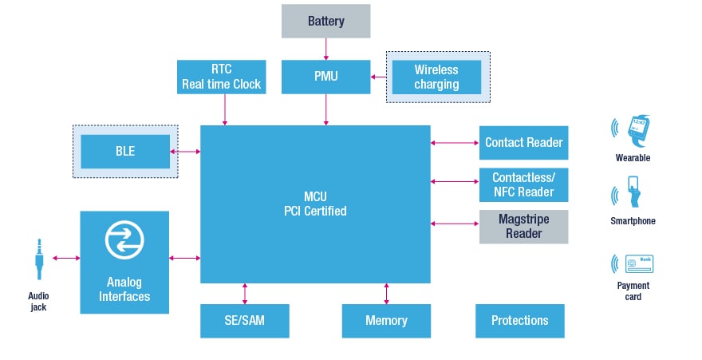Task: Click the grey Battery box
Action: pyautogui.click(x=326, y=21)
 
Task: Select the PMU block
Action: pyautogui.click(x=326, y=77)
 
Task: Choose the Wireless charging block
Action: pyautogui.click(x=436, y=77)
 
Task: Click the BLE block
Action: pyautogui.click(x=125, y=151)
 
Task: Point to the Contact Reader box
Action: pyautogui.click(x=523, y=143)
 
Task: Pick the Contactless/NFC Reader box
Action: pyautogui.click(x=523, y=184)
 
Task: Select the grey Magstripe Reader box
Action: pyautogui.click(x=523, y=227)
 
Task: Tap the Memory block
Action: pyautogui.click(x=386, y=321)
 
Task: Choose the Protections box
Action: pyautogui.click(x=519, y=321)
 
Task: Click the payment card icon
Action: pyautogui.click(x=639, y=264)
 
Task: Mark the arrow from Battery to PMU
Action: pyautogui.click(x=326, y=48)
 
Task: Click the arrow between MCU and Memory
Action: pyautogui.click(x=386, y=293)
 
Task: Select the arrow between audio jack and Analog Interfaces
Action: pyautogui.click(x=66, y=258)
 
